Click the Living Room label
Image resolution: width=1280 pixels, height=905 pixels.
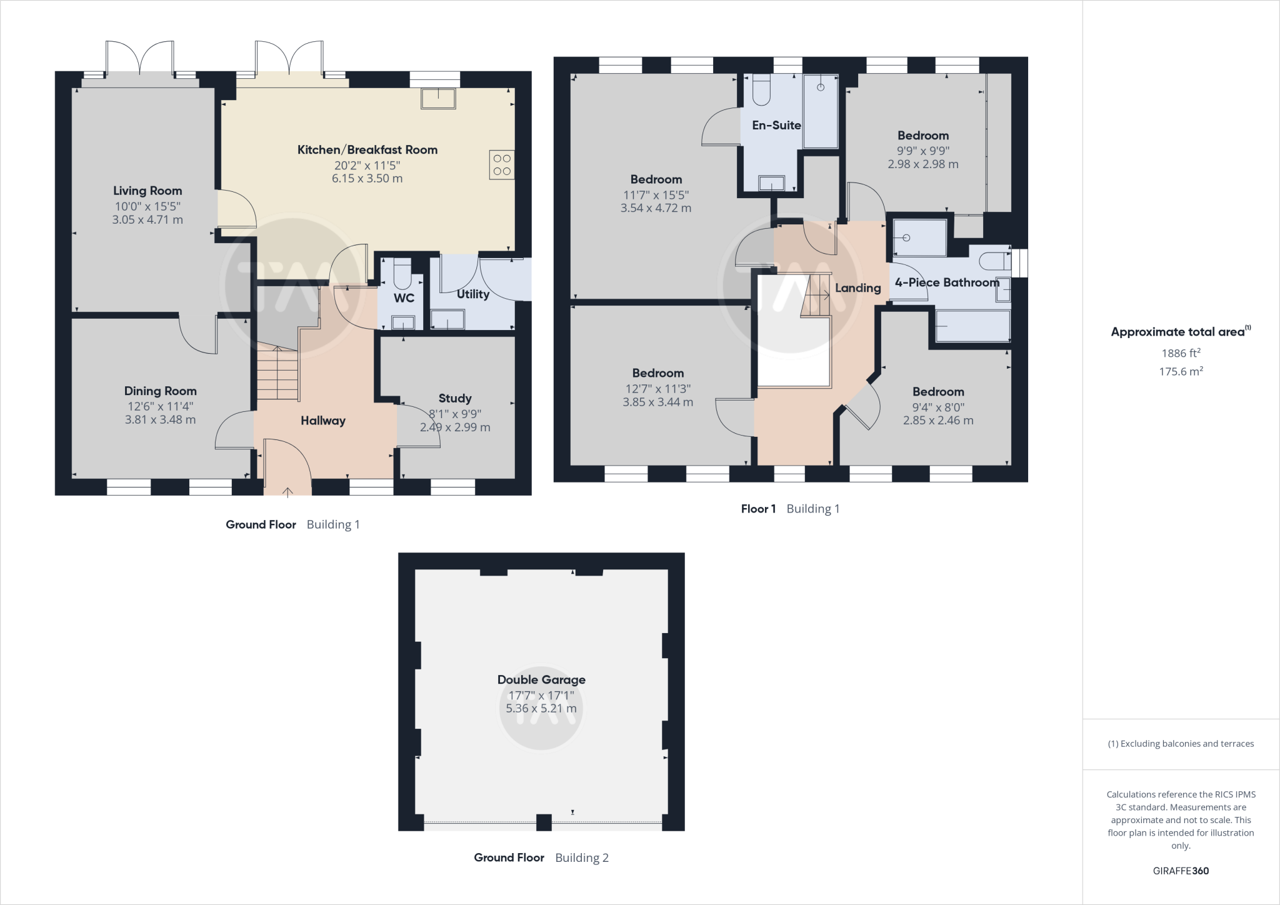pyautogui.click(x=147, y=191)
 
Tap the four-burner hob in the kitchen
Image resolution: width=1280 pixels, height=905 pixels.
pyautogui.click(x=502, y=165)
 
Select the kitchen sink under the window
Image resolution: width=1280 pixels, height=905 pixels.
pyautogui.click(x=439, y=99)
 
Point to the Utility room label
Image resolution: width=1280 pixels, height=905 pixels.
pyautogui.click(x=472, y=294)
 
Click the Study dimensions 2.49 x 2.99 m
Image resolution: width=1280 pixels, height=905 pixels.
pyautogui.click(x=455, y=427)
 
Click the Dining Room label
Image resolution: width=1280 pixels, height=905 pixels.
pyautogui.click(x=160, y=391)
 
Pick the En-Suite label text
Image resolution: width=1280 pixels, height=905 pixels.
pyautogui.click(x=776, y=125)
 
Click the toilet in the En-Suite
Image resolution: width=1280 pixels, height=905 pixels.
pyautogui.click(x=762, y=91)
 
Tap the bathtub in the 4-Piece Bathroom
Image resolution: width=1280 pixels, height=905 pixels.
pyautogui.click(x=972, y=326)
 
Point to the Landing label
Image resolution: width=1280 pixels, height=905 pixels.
pyautogui.click(x=857, y=287)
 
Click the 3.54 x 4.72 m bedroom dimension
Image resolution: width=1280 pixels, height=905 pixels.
pyautogui.click(x=656, y=208)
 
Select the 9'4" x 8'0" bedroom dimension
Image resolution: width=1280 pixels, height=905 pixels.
pyautogui.click(x=938, y=407)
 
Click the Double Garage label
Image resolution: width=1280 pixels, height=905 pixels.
pyautogui.click(x=541, y=679)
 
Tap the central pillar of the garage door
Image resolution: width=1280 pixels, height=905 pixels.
pyautogui.click(x=544, y=822)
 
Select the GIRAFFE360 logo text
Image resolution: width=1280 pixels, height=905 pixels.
pyautogui.click(x=1181, y=871)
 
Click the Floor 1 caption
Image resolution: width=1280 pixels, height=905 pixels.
pyautogui.click(x=758, y=509)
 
